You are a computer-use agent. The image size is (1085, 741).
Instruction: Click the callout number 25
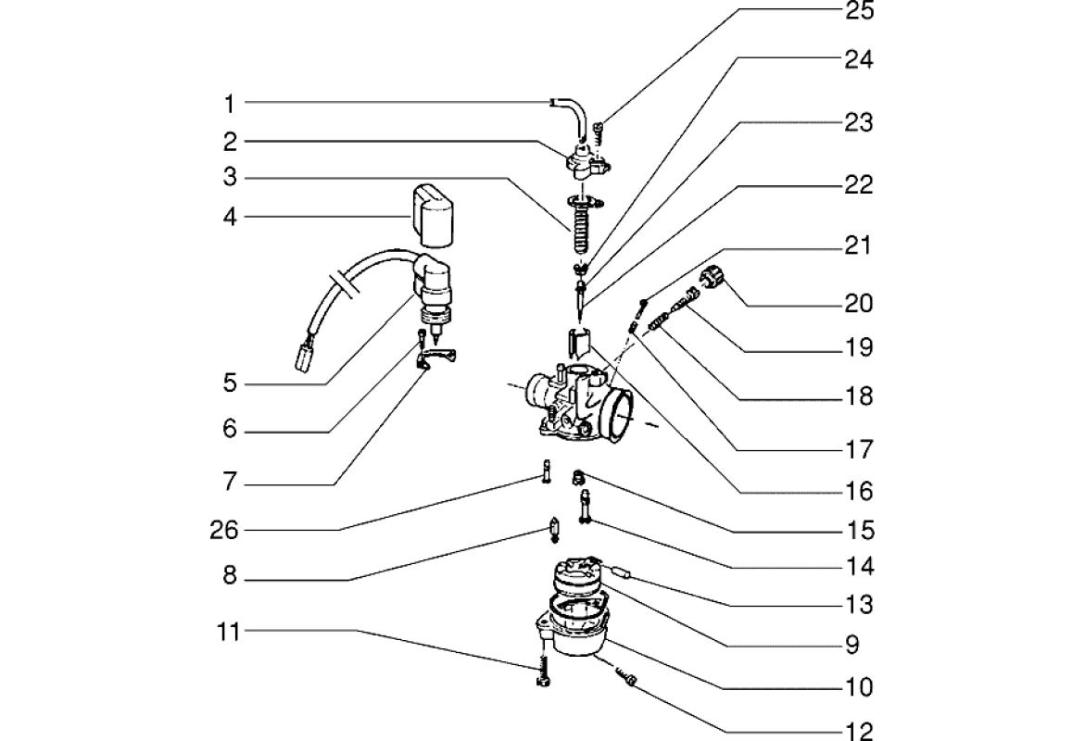(858, 12)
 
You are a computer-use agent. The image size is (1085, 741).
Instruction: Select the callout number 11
(230, 633)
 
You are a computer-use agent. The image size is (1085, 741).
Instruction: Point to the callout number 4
(230, 218)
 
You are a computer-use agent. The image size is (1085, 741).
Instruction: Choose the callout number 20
(858, 304)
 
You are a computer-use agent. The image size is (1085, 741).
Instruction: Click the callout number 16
(858, 491)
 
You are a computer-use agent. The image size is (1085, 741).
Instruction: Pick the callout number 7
(230, 483)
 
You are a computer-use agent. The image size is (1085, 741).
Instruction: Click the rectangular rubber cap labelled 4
(432, 215)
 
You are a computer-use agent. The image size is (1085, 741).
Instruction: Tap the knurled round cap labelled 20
(711, 275)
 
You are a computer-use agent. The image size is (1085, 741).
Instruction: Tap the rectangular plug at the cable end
(301, 356)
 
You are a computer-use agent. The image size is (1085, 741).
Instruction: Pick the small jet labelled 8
(554, 533)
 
